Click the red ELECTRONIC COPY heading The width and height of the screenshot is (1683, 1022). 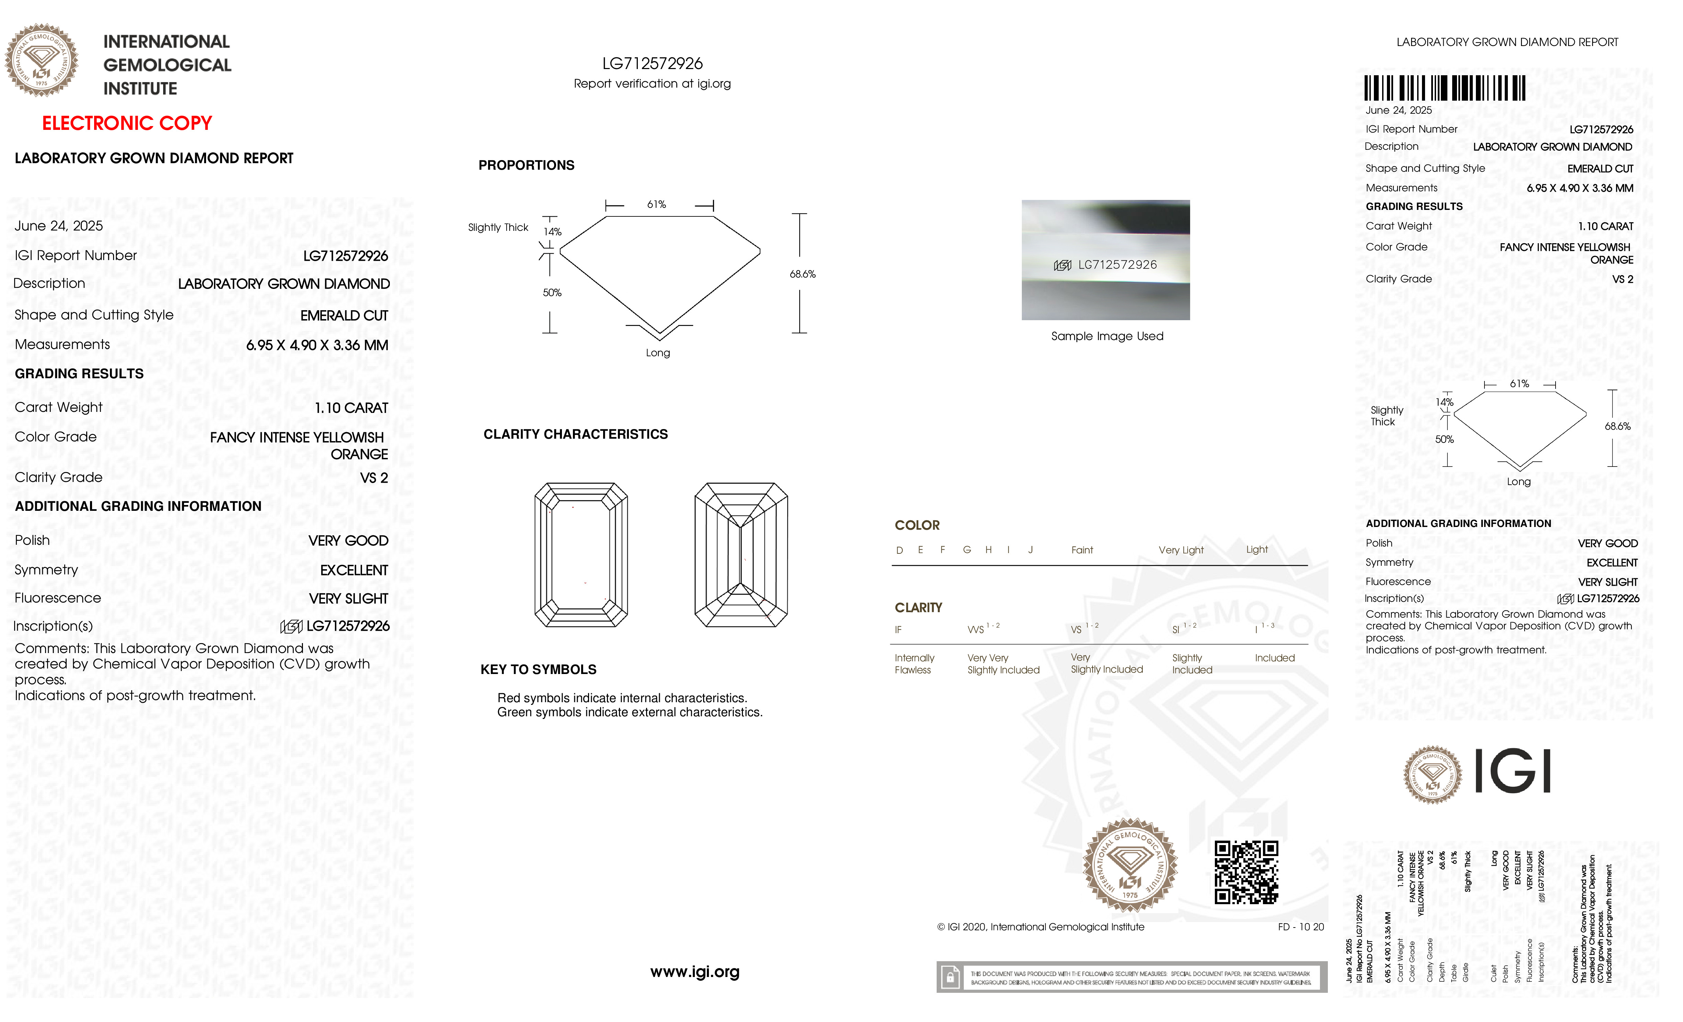tap(127, 124)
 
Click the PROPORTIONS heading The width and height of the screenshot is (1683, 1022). tap(526, 165)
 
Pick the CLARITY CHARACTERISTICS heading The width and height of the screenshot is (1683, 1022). tap(575, 435)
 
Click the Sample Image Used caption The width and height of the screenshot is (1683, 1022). tap(1107, 336)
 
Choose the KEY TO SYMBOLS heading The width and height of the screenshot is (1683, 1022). tap(538, 670)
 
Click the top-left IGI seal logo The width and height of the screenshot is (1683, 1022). tap(42, 60)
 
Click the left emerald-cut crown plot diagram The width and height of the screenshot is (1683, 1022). tap(580, 555)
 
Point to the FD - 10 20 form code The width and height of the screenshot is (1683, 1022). tap(1300, 927)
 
